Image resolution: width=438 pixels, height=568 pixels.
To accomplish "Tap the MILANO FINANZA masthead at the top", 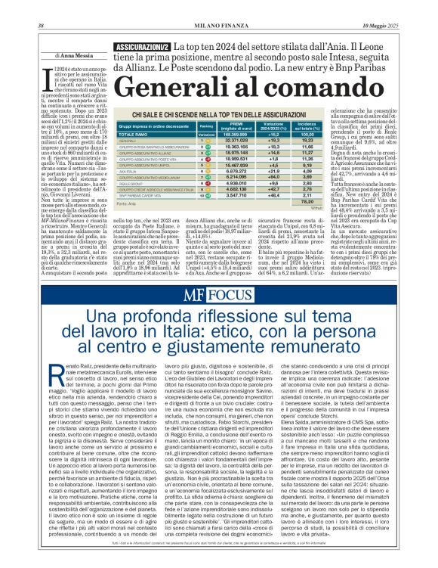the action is tap(218, 6).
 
